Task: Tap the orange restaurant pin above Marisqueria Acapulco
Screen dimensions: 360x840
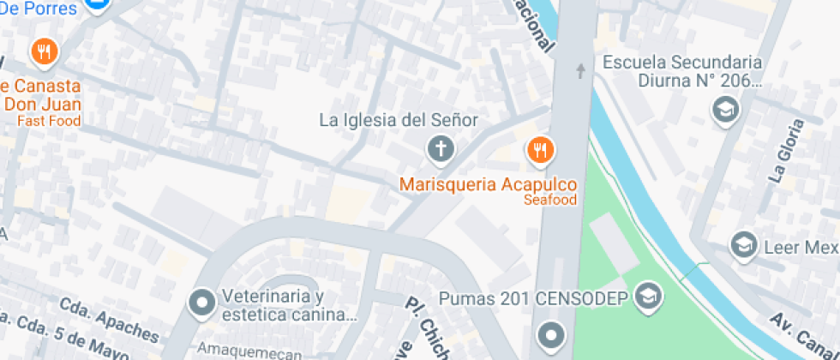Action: pos(539,151)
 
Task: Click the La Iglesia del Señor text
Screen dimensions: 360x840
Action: pos(399,120)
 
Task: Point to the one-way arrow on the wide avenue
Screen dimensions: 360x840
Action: pos(581,70)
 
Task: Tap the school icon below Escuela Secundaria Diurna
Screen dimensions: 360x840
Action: pos(726,109)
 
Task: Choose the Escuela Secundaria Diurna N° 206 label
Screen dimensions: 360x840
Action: pos(682,72)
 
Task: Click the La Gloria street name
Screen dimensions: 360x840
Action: pos(786,151)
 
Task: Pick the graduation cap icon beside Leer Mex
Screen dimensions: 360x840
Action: pos(742,246)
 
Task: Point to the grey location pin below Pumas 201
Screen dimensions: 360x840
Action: pos(550,333)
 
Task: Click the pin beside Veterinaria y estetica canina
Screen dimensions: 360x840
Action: pos(203,303)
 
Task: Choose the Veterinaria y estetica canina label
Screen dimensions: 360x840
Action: pos(288,306)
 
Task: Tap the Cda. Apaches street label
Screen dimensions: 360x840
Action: pos(109,318)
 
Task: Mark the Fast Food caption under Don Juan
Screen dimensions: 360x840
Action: pos(51,121)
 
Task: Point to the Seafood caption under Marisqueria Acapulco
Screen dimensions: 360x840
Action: pos(549,200)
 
